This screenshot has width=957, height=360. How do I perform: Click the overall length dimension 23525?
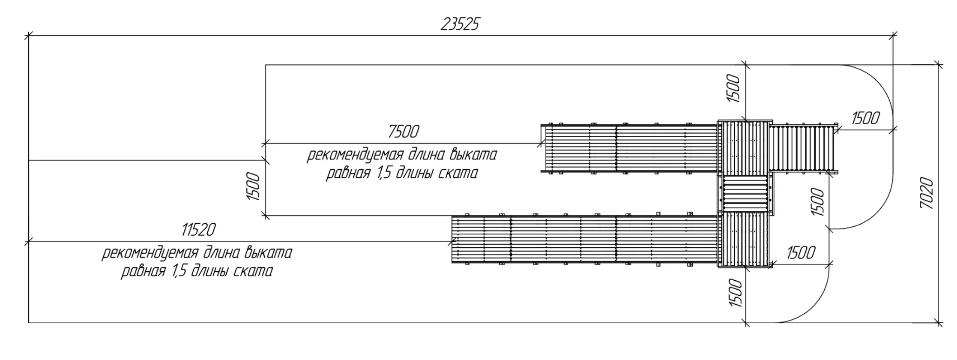click(x=460, y=24)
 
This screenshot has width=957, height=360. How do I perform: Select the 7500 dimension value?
click(x=403, y=132)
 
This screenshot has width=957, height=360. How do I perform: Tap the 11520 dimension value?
click(x=198, y=231)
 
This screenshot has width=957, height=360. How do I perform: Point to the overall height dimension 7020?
click(x=926, y=193)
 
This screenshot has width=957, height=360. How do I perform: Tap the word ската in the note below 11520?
click(x=252, y=272)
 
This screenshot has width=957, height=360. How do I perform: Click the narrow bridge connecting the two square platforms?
click(x=745, y=194)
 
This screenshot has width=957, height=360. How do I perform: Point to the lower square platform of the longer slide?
click(x=745, y=239)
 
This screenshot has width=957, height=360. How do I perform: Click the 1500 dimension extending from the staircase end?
click(x=865, y=118)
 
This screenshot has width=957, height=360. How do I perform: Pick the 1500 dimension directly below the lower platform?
click(x=735, y=293)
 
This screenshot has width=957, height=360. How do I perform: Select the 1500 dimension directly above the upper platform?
click(x=734, y=88)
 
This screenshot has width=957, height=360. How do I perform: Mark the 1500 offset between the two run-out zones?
click(x=253, y=187)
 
